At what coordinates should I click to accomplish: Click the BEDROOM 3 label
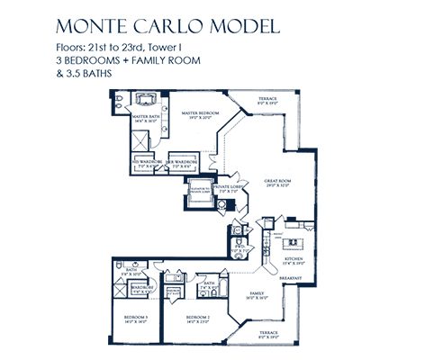(x=135, y=318)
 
